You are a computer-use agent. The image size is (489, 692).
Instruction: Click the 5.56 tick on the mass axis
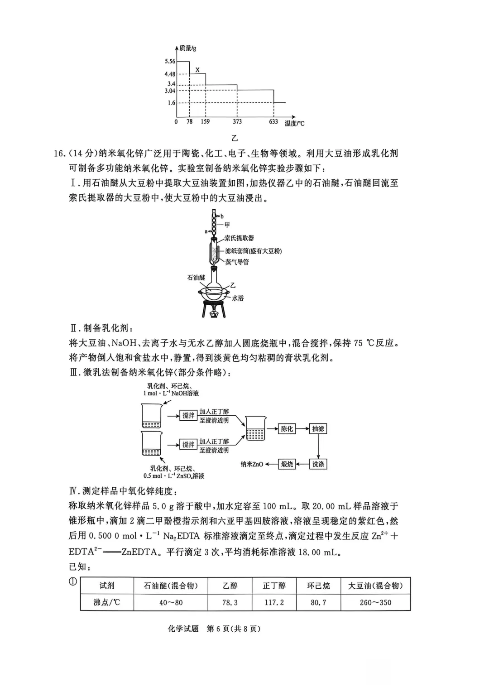170,61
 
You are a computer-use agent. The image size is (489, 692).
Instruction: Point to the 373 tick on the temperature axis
237,122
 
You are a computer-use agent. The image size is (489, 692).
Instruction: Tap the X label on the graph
197,70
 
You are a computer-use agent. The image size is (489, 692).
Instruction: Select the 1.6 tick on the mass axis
171,103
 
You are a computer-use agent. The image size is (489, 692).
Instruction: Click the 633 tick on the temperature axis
273,122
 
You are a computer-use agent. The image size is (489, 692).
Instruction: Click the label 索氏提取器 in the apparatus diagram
239,238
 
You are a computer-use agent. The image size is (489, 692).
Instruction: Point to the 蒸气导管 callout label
237,262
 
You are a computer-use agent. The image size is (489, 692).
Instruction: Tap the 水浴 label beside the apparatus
238,298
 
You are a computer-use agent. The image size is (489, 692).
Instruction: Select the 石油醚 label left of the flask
196,277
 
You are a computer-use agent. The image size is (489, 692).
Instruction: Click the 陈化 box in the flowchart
287,429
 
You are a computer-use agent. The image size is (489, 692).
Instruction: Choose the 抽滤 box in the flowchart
318,429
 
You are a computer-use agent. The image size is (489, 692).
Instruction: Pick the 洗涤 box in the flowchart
318,464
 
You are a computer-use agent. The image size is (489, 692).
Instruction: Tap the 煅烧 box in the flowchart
287,464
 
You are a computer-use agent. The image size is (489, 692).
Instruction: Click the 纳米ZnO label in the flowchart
252,464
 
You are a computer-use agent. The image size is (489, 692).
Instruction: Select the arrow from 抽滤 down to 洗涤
318,447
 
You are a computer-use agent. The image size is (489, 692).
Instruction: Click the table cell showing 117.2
274,602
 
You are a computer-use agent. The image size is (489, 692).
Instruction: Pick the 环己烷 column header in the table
318,586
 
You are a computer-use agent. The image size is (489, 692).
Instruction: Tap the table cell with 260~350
375,602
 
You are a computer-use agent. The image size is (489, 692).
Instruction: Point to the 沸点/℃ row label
107,602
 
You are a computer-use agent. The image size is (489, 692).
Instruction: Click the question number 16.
60,154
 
